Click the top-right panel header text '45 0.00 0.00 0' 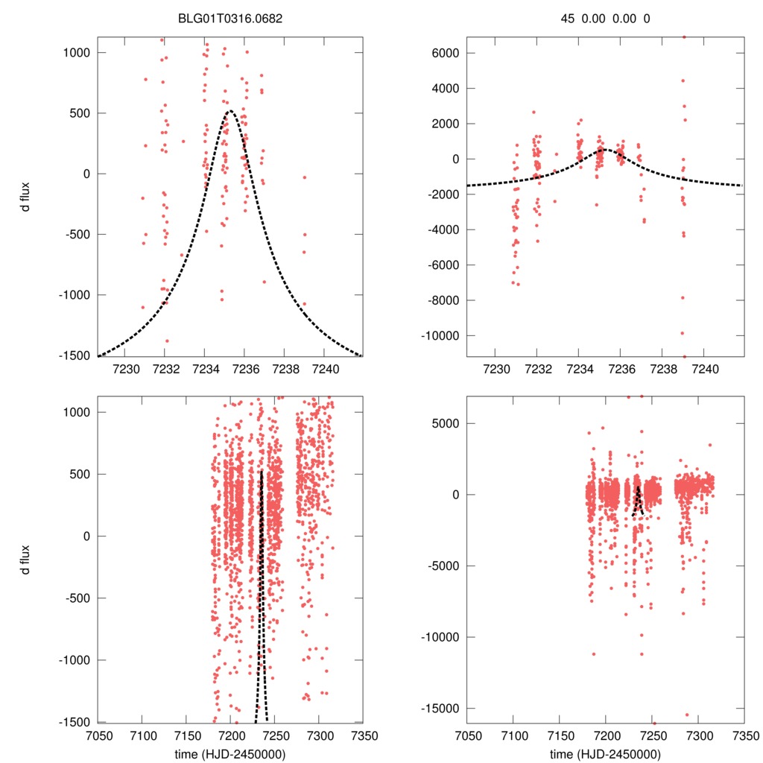point(606,19)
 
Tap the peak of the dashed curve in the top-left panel point(229,111)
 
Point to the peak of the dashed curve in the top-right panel point(602,149)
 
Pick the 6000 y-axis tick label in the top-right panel point(443,53)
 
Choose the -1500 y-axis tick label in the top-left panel point(75,356)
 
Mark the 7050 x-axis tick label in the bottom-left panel point(98,735)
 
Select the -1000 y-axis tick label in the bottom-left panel point(75,660)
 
